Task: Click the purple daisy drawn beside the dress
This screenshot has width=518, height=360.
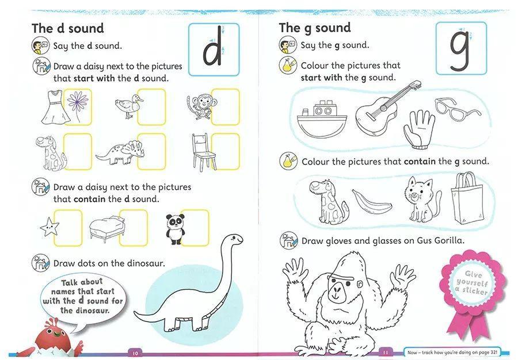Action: tap(77, 103)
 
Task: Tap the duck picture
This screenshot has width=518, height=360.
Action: tap(128, 106)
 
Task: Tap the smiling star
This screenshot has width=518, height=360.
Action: tap(49, 227)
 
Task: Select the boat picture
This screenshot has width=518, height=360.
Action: tap(321, 119)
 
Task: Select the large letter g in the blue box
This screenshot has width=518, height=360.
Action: tap(459, 51)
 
